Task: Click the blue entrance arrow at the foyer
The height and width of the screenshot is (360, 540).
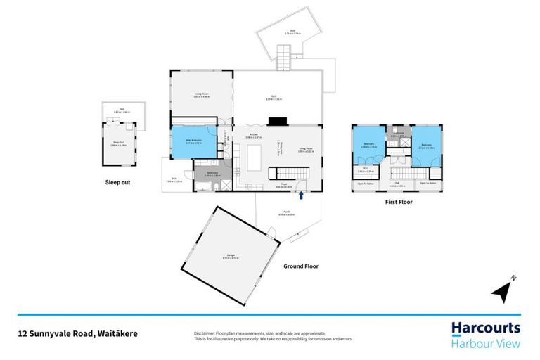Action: (300, 196)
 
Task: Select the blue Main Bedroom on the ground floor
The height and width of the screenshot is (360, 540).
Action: (192, 143)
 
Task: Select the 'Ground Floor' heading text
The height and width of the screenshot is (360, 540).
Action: (302, 266)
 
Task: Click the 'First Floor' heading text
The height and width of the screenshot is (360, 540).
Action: (398, 202)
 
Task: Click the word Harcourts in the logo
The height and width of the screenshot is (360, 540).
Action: (485, 328)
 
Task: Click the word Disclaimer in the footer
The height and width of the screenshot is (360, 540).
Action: (204, 332)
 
